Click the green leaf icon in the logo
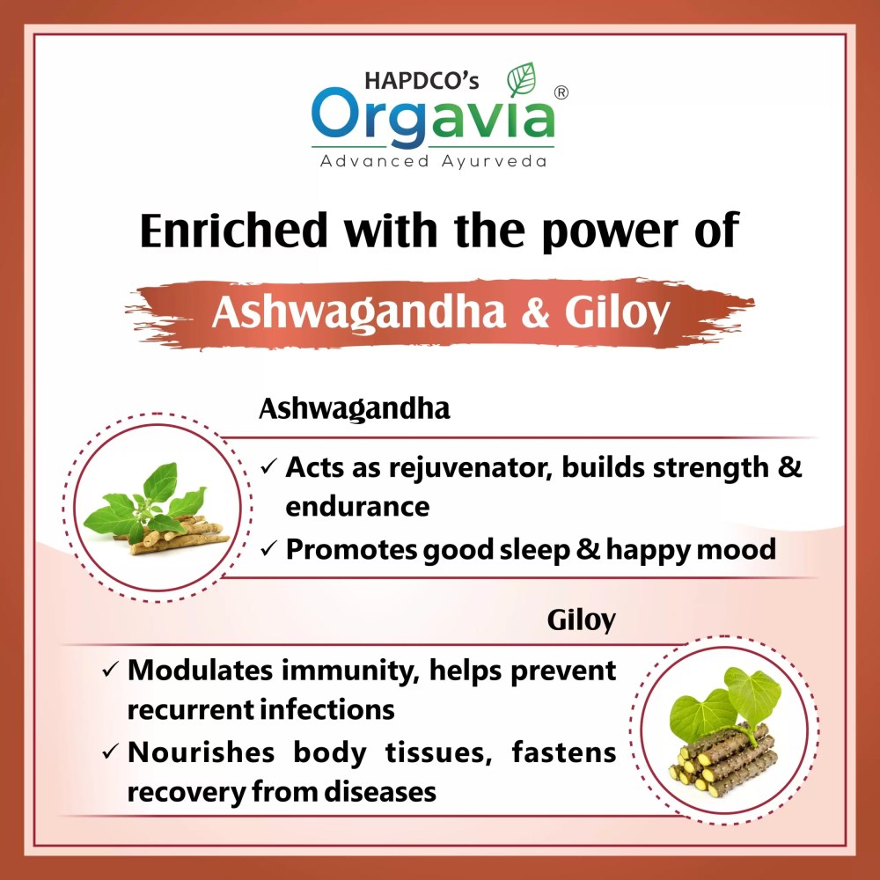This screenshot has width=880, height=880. [x=521, y=80]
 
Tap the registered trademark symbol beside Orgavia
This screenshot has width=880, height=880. [x=561, y=92]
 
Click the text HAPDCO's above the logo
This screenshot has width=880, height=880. [x=422, y=80]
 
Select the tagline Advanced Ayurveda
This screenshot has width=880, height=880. [x=433, y=162]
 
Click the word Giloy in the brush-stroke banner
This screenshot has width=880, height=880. [x=618, y=313]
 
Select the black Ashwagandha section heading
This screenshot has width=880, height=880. [x=354, y=409]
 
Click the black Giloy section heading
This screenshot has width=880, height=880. [x=582, y=620]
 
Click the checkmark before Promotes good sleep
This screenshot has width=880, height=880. [x=268, y=548]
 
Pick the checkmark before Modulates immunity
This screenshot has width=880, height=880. [x=111, y=669]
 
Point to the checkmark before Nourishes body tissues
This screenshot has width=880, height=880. [x=111, y=752]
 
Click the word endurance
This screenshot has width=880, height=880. [x=357, y=506]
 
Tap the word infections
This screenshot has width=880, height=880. [x=327, y=709]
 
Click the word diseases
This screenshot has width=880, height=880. [x=380, y=792]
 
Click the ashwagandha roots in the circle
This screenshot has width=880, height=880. [x=180, y=537]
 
